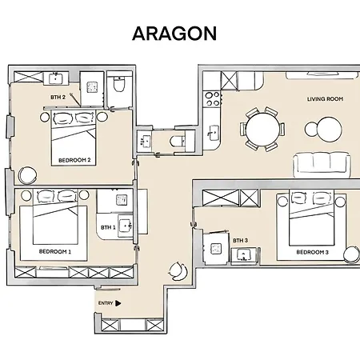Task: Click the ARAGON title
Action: [174, 34]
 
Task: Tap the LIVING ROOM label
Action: [325, 99]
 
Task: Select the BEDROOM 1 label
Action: [55, 251]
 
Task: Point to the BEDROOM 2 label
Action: [74, 160]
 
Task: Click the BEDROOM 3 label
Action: [313, 252]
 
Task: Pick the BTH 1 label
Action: [108, 227]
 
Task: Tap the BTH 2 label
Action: [58, 98]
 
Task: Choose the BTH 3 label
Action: [240, 241]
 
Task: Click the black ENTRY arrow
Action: [118, 303]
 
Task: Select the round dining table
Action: [262, 130]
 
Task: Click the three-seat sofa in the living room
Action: [322, 165]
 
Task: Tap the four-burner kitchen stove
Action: [213, 99]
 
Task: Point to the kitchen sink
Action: [213, 133]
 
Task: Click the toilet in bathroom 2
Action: [119, 83]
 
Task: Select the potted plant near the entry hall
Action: [178, 271]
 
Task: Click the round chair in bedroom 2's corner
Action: [27, 175]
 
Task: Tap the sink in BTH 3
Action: [243, 255]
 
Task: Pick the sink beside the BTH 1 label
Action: [125, 226]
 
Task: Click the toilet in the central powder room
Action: [178, 141]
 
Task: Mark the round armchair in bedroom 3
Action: [352, 255]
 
